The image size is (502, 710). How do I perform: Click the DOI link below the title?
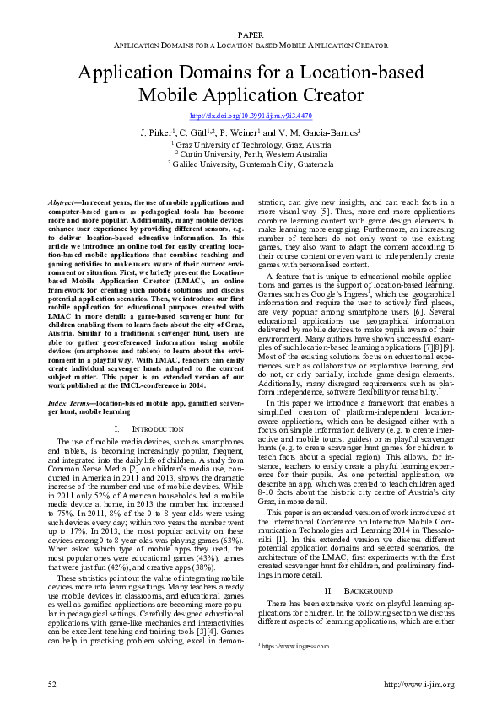point(251,116)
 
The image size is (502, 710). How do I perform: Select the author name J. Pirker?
point(154,132)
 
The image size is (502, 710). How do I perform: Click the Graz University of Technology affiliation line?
point(251,144)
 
